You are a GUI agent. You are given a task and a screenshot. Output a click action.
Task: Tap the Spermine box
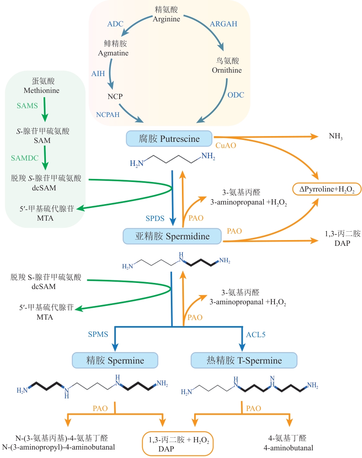[x=115, y=360]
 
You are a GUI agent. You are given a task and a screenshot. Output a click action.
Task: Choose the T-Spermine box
[x=244, y=360]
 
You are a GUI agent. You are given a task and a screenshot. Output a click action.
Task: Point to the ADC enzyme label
[x=115, y=24]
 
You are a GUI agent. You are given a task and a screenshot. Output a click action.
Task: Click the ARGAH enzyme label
[x=224, y=24]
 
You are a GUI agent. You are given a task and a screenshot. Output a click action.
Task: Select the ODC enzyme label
[x=236, y=95]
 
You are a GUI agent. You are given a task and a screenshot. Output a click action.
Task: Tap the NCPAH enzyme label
[x=108, y=114]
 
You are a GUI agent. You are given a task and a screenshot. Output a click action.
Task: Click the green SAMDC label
[x=25, y=158]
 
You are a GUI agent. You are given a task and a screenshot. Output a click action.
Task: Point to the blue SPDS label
[x=155, y=218]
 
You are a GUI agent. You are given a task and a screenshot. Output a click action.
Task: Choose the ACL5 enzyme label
[x=256, y=335]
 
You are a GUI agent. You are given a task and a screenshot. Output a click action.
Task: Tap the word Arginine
[x=166, y=19]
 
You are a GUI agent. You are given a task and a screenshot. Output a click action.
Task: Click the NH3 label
[x=336, y=136]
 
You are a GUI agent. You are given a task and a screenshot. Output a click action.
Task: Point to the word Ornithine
[x=227, y=70]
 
